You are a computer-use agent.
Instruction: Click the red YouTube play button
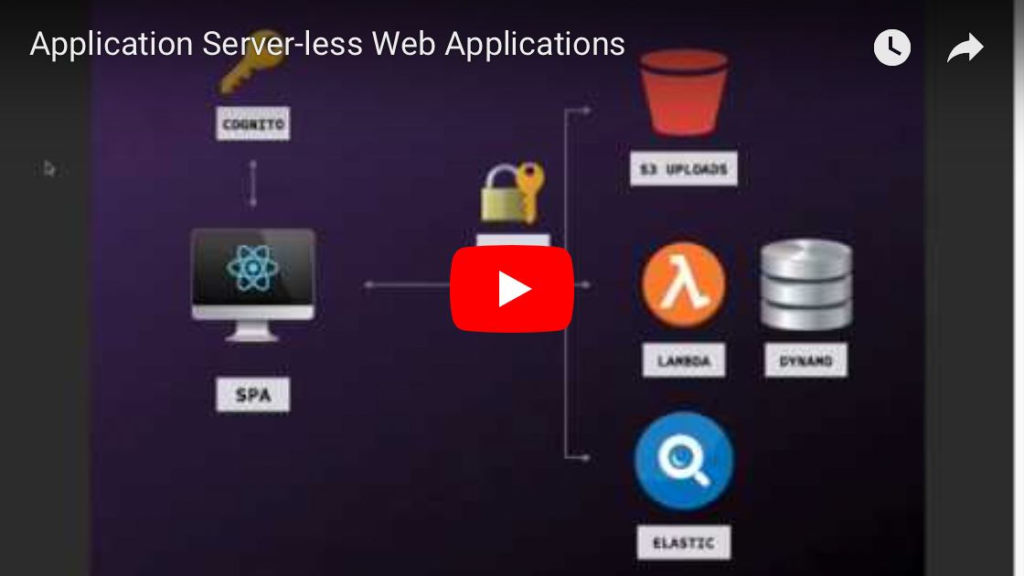[512, 289]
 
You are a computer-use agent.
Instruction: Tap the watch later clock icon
[892, 48]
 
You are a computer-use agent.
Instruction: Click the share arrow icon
[965, 48]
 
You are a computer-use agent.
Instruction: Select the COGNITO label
[253, 123]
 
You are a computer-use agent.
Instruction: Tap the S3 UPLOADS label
[683, 170]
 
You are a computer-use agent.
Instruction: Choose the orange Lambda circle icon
[683, 284]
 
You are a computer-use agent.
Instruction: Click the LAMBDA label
[683, 360]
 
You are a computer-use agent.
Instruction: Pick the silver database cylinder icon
[806, 284]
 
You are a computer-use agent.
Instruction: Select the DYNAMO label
[805, 360]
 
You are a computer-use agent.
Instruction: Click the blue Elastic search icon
[684, 461]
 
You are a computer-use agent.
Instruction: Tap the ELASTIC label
[683, 542]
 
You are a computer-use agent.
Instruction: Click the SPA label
[253, 395]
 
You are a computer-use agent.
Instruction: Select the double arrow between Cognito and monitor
[253, 184]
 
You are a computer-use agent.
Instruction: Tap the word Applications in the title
[538, 44]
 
